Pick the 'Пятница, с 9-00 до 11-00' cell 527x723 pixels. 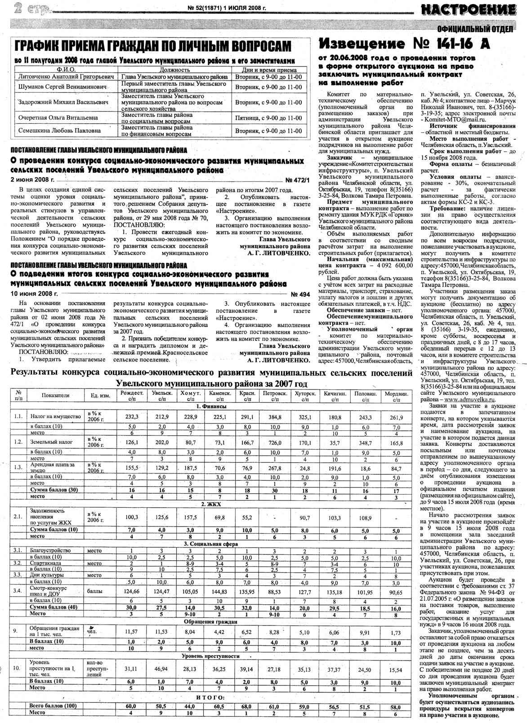click(x=268, y=118)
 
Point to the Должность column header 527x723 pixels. click(x=175, y=70)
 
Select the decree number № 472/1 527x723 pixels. click(x=298, y=180)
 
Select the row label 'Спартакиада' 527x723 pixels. click(x=45, y=563)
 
